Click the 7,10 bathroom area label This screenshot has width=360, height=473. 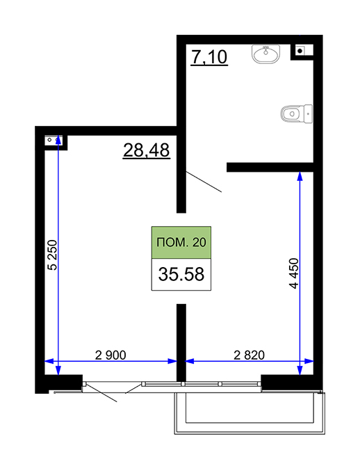click(209, 57)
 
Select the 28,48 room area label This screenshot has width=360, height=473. click(147, 150)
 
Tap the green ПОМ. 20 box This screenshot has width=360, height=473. click(181, 242)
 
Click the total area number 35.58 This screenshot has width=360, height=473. click(181, 274)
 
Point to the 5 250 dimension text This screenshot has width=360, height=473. click(52, 255)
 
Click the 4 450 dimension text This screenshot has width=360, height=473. click(294, 273)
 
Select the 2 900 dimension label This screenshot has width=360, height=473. click(111, 355)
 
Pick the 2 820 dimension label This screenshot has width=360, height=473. click(249, 355)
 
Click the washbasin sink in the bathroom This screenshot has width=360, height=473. click(266, 54)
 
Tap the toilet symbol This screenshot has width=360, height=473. click(296, 114)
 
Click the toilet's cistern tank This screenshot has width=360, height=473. click(308, 114)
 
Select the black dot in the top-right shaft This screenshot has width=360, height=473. click(300, 51)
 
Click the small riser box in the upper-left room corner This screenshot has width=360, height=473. click(54, 141)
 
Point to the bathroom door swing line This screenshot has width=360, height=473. click(204, 182)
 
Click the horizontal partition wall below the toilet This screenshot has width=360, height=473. click(270, 167)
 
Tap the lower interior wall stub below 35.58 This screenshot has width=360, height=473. click(181, 343)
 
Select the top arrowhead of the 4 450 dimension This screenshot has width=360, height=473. click(300, 177)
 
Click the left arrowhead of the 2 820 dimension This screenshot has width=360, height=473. click(190, 361)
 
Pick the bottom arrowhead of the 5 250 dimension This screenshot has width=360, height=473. click(58, 371)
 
